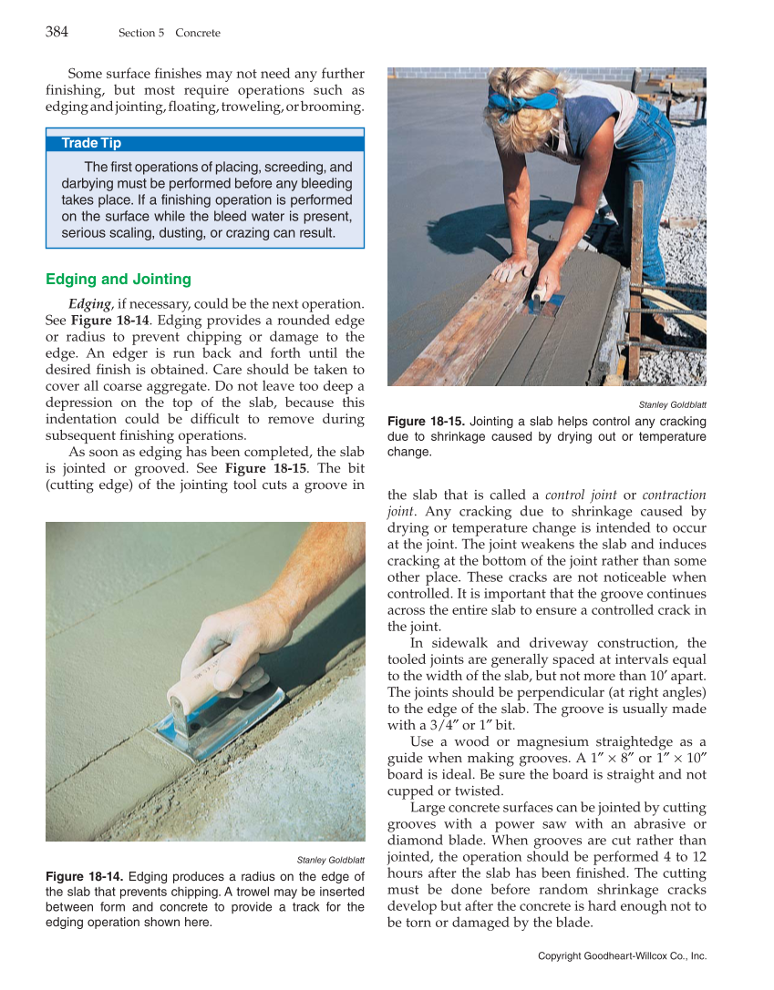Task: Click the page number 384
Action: click(x=57, y=32)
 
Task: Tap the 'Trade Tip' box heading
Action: click(x=91, y=143)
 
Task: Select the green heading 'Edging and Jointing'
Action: click(x=119, y=279)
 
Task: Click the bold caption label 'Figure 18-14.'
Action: click(x=87, y=876)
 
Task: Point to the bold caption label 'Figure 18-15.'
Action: click(x=427, y=421)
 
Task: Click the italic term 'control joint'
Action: click(x=581, y=495)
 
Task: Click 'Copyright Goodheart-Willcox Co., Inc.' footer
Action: click(x=622, y=955)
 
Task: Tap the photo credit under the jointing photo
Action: click(x=672, y=404)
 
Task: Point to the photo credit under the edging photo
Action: click(x=331, y=860)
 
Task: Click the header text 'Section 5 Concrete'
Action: click(x=169, y=33)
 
